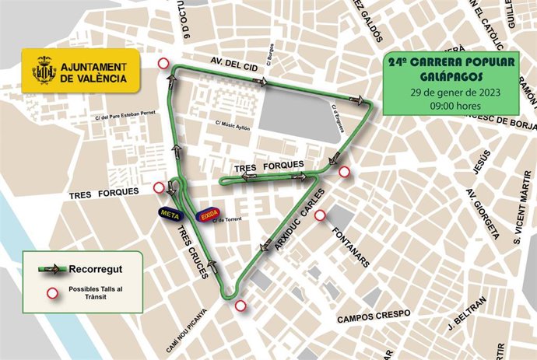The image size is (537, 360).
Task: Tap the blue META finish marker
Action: pyautogui.click(x=166, y=211)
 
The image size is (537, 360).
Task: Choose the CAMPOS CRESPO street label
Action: pyautogui.click(x=374, y=316)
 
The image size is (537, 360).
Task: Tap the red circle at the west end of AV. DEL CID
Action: pyautogui.click(x=163, y=64)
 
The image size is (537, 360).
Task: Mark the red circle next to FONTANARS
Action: pyautogui.click(x=319, y=215)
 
